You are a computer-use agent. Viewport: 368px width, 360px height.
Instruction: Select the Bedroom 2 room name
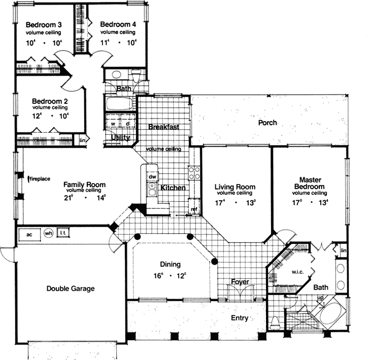(x=50, y=100)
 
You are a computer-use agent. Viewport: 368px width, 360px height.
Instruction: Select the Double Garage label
(x=71, y=289)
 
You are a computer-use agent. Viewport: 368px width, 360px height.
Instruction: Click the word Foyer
(x=240, y=281)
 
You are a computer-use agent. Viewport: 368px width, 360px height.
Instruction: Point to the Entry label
(x=239, y=318)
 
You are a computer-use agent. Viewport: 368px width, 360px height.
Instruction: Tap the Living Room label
(x=235, y=187)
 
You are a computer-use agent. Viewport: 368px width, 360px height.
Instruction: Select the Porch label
(x=267, y=122)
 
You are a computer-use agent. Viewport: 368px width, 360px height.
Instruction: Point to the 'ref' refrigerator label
(x=193, y=208)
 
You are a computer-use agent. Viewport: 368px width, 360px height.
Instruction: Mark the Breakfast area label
(x=163, y=127)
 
